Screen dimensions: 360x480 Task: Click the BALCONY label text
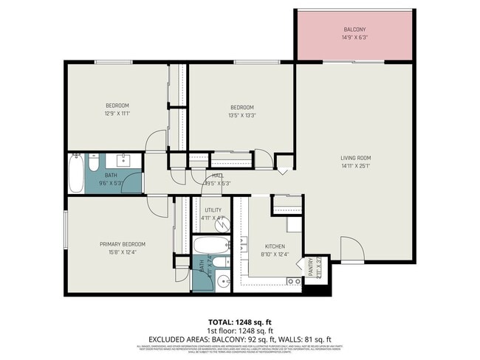(x=354, y=30)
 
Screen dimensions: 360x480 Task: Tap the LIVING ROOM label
(x=355, y=158)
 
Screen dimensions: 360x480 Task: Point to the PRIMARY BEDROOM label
(x=123, y=244)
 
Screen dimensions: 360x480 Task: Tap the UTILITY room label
(x=211, y=210)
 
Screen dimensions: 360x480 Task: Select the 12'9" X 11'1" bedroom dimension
(x=117, y=114)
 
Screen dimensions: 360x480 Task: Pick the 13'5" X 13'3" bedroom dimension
(x=242, y=115)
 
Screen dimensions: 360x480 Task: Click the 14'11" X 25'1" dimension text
(x=355, y=166)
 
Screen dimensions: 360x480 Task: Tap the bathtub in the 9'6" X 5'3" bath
(x=76, y=174)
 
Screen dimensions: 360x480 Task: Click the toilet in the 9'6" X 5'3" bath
(x=95, y=160)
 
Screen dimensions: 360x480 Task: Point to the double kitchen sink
(x=293, y=281)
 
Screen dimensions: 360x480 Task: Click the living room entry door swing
(x=352, y=251)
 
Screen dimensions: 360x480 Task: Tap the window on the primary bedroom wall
(x=66, y=229)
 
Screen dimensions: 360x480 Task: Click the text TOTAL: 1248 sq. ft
(x=240, y=322)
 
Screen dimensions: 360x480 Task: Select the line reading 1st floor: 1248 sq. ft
(x=240, y=330)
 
